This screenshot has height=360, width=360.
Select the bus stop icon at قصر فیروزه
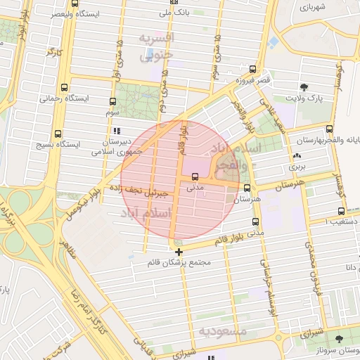[x=252, y=69]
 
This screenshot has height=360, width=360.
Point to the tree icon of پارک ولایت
[x=304, y=87]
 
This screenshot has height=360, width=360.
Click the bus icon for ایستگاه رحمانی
[x=65, y=88]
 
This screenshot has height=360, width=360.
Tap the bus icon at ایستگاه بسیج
[x=57, y=132]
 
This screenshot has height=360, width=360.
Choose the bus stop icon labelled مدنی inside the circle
[x=194, y=176]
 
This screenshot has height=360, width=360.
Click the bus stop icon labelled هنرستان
[x=247, y=188]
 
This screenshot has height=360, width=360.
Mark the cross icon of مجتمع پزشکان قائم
[x=179, y=252]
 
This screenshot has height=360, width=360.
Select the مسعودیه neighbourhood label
[x=224, y=330]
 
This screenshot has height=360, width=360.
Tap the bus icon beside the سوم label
[x=113, y=101]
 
